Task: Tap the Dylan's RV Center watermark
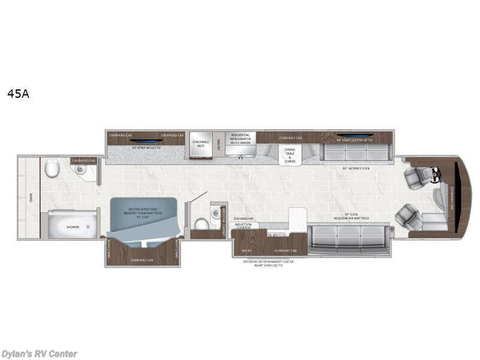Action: click(39, 354)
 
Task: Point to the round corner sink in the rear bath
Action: click(81, 170)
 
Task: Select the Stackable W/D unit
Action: click(200, 144)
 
